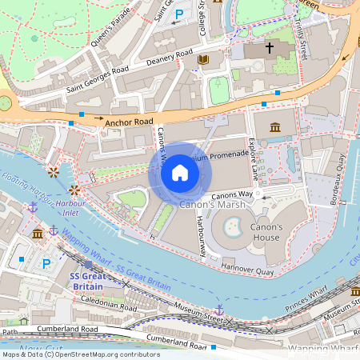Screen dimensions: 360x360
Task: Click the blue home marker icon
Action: coord(180,173)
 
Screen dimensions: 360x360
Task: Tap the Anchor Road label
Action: coord(128,122)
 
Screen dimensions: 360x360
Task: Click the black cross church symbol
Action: coord(270,49)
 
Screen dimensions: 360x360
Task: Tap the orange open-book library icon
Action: coord(203,60)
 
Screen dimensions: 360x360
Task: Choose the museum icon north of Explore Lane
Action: coord(275,127)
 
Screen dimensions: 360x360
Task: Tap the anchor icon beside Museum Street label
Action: coord(218,310)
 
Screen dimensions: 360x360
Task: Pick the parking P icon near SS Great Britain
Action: coord(46,263)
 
